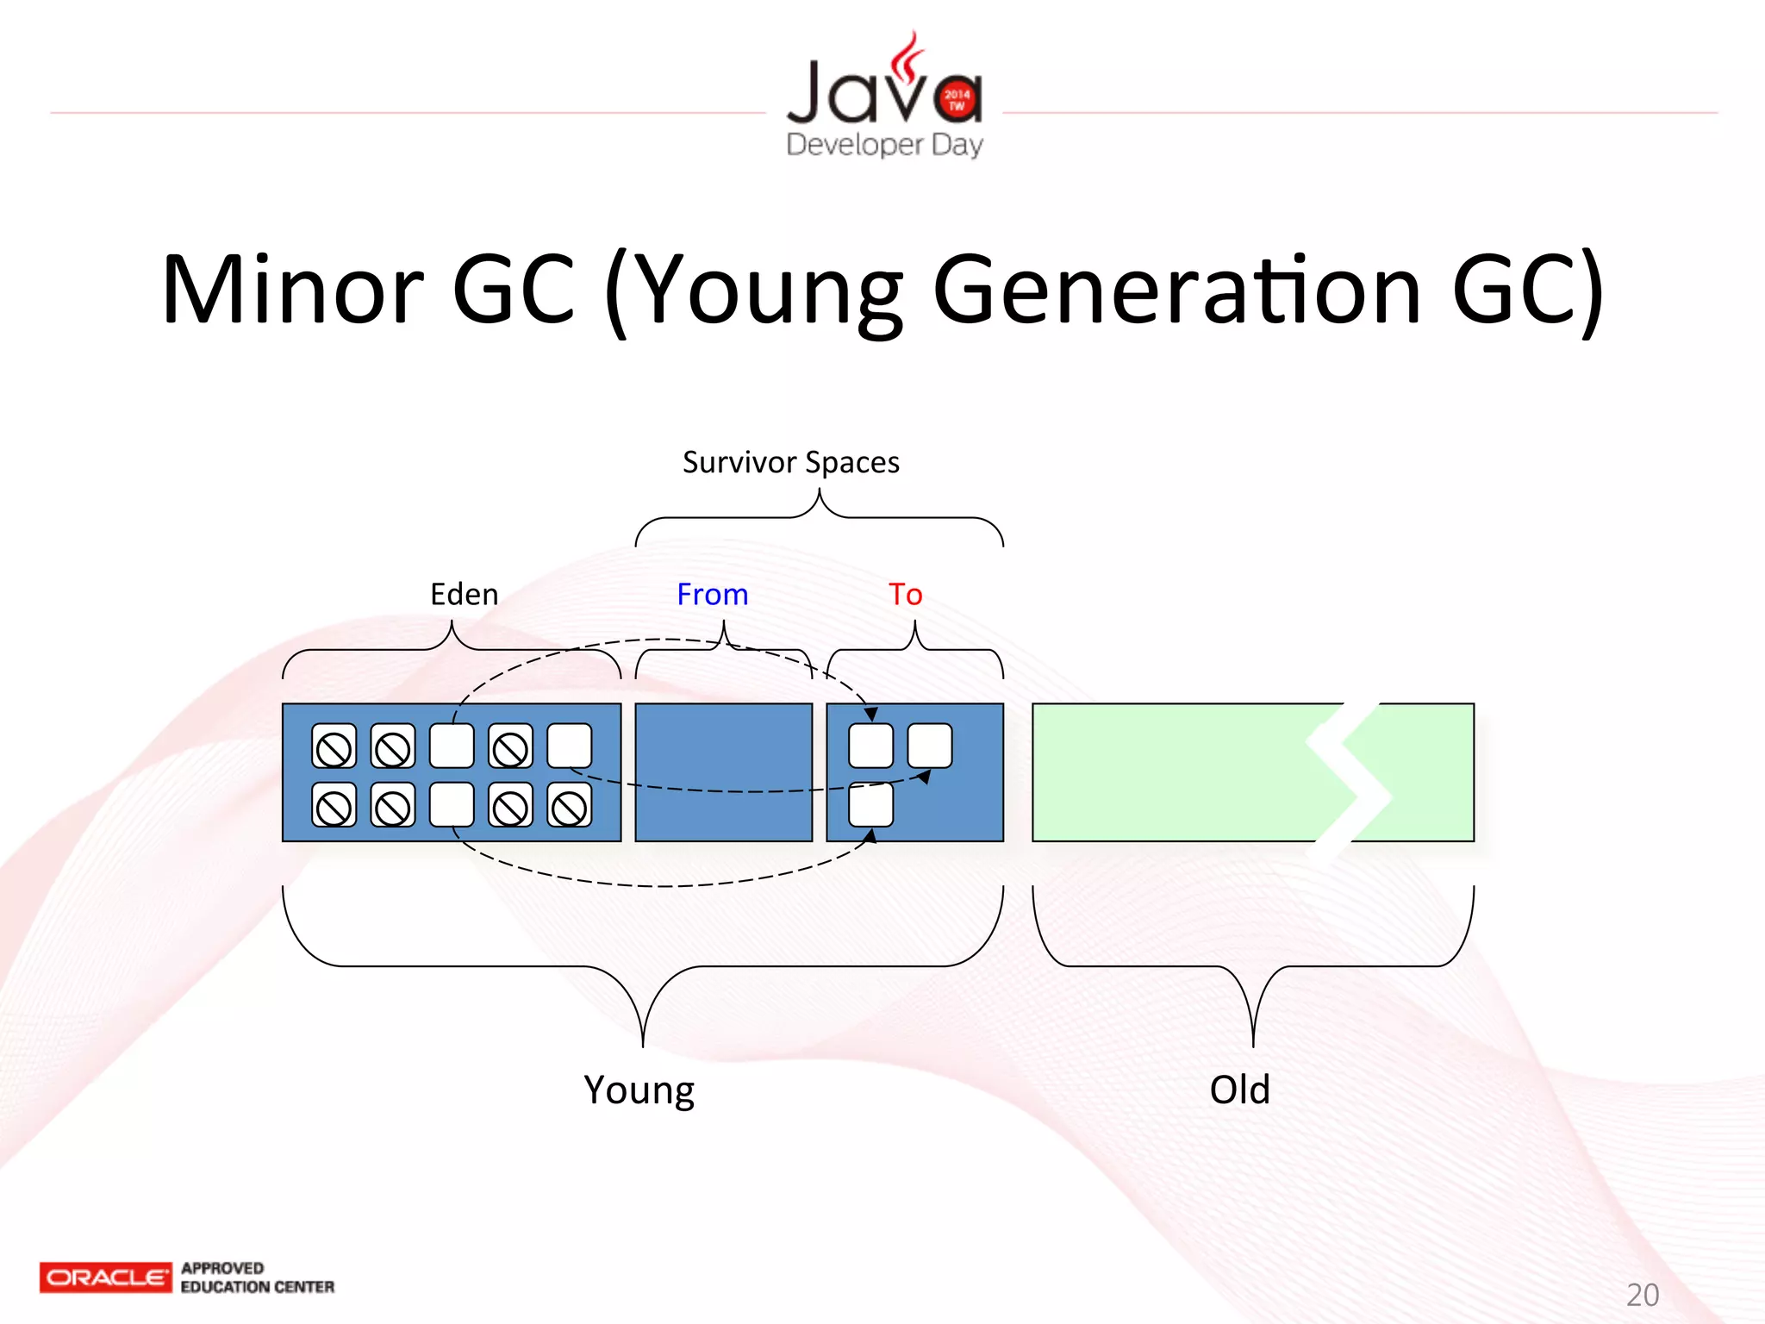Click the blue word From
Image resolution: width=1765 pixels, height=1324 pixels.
coord(712,595)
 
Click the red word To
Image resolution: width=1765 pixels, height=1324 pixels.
coord(905,595)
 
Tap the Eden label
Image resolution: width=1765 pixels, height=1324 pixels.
coord(464,595)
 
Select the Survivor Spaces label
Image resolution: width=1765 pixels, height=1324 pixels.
coord(790,463)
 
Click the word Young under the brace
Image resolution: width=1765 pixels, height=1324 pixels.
coord(639,1090)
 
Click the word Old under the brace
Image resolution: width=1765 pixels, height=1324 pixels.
coord(1239,1090)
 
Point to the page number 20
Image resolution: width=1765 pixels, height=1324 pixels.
coord(1642,1295)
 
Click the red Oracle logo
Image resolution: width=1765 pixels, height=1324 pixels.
coord(105,1277)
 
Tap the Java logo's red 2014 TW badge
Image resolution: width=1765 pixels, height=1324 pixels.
coord(957,100)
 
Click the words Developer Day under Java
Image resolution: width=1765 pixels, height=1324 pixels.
coord(884,144)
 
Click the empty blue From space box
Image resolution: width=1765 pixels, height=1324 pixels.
coord(723,772)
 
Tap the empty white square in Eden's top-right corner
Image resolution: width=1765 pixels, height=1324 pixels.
coord(570,746)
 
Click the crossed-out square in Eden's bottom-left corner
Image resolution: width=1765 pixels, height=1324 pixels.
coord(334,805)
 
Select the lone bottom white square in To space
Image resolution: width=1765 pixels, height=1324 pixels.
coord(870,805)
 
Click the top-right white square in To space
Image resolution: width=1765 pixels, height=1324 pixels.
coord(929,746)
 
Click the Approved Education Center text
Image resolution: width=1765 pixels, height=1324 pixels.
coord(257,1277)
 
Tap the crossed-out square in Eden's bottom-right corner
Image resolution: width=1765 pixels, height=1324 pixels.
coord(570,805)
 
